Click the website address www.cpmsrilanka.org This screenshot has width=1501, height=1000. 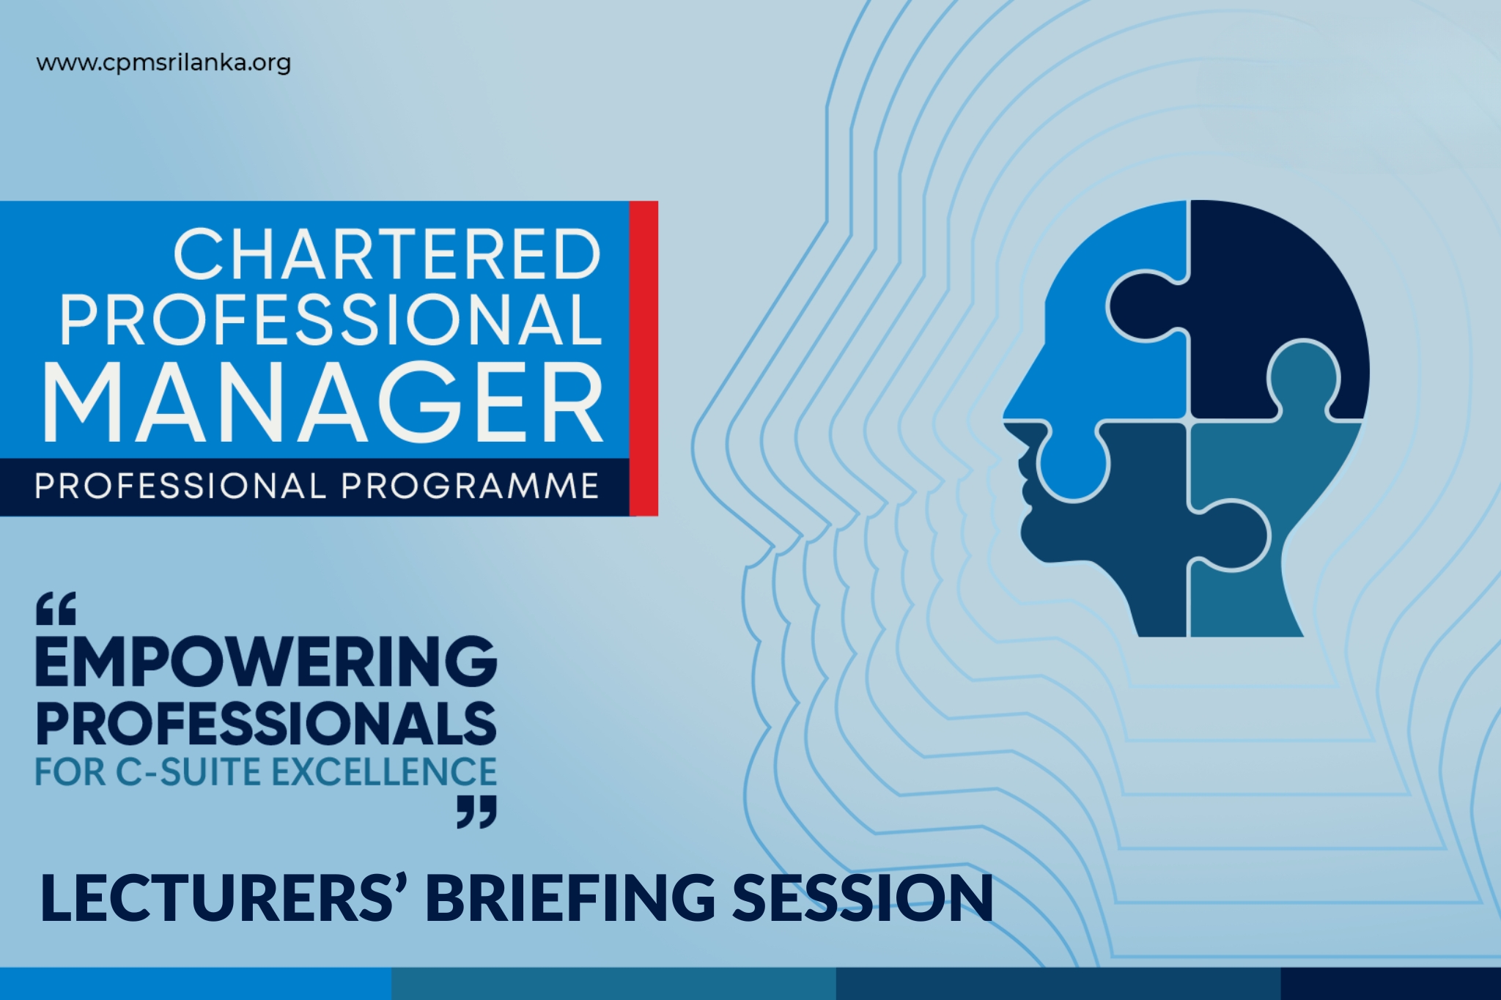[x=163, y=63]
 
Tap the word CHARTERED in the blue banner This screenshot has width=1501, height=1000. [x=388, y=254]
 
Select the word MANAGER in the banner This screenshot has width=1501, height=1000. [x=323, y=402]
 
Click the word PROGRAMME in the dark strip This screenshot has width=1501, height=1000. [x=470, y=486]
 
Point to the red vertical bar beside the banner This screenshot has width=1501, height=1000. [x=643, y=358]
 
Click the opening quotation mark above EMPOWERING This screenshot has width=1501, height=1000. [x=56, y=609]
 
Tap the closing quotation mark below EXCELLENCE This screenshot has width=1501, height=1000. [x=476, y=812]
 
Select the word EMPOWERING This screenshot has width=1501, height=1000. [x=266, y=662]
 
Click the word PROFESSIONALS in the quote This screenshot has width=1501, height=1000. [x=266, y=724]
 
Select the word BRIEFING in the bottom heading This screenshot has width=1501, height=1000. [x=571, y=897]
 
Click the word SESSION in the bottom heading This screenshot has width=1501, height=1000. [x=863, y=897]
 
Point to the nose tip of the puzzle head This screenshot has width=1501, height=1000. [x=1005, y=419]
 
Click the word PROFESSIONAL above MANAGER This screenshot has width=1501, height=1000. [x=331, y=319]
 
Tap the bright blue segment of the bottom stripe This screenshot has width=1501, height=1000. [x=196, y=984]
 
